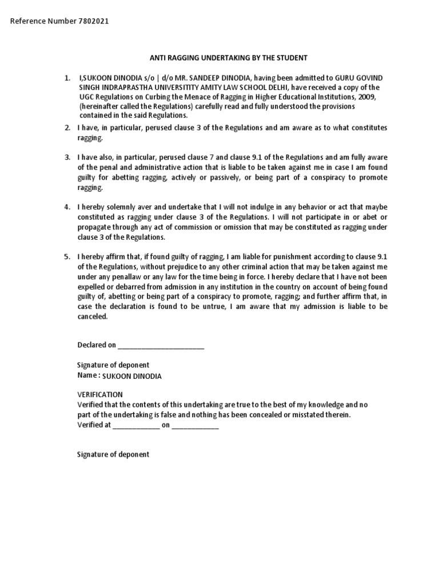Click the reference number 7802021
tap(92, 21)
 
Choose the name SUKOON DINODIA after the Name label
tap(132, 376)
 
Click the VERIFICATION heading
tap(99, 394)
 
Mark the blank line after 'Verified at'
tap(136, 425)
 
